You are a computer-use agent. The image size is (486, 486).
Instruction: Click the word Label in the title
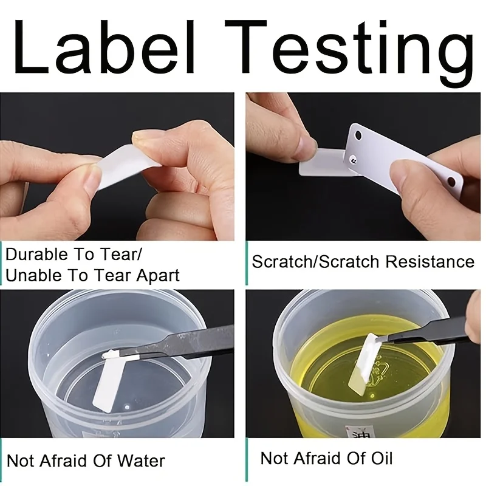coord(104,47)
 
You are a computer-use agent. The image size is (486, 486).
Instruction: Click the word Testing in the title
coord(349,51)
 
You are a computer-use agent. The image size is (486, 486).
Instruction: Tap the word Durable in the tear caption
coord(37,255)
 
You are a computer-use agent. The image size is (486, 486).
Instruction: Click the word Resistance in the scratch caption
coord(430,261)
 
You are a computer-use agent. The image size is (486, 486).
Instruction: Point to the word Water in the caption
coord(141,460)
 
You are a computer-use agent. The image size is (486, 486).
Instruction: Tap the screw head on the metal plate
coord(354,160)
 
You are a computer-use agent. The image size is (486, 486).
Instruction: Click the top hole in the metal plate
coord(358,135)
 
